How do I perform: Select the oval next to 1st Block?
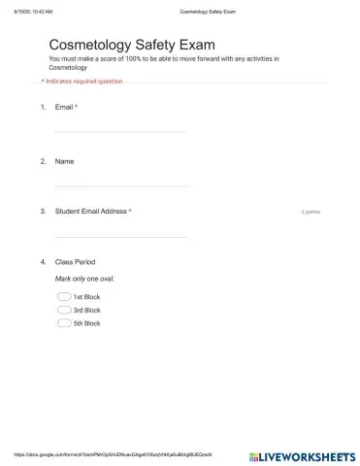(64, 297)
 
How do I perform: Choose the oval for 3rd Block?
(64, 310)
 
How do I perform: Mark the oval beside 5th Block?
(64, 322)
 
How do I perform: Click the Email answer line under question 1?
(120, 131)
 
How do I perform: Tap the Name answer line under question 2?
(120, 184)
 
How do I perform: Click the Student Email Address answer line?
(120, 236)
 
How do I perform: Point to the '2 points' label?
(311, 211)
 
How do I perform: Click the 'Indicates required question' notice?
(83, 82)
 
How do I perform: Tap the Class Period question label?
(75, 262)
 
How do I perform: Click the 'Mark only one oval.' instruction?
(84, 279)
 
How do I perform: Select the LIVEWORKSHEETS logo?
(302, 454)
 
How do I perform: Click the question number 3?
(43, 211)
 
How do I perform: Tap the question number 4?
(43, 262)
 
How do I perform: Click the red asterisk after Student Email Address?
(130, 211)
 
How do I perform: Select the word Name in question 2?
(64, 160)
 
